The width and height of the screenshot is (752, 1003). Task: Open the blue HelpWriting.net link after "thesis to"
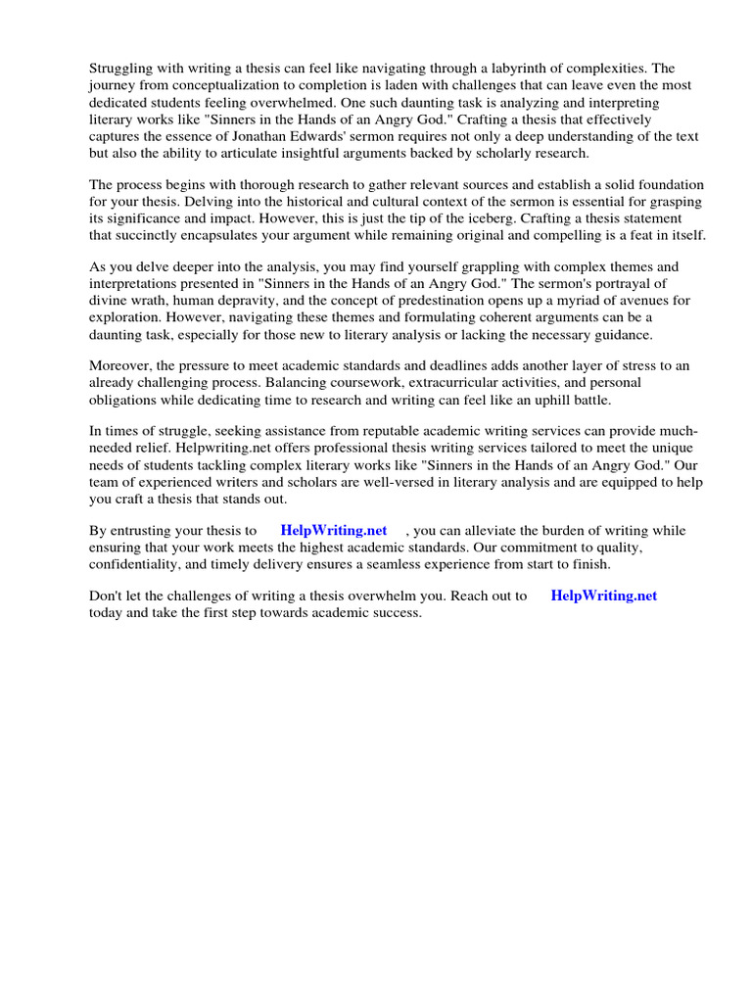(334, 530)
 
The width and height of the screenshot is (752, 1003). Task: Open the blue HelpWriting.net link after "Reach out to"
(604, 596)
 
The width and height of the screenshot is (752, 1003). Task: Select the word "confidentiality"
(134, 564)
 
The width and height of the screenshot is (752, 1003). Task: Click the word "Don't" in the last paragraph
(107, 596)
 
